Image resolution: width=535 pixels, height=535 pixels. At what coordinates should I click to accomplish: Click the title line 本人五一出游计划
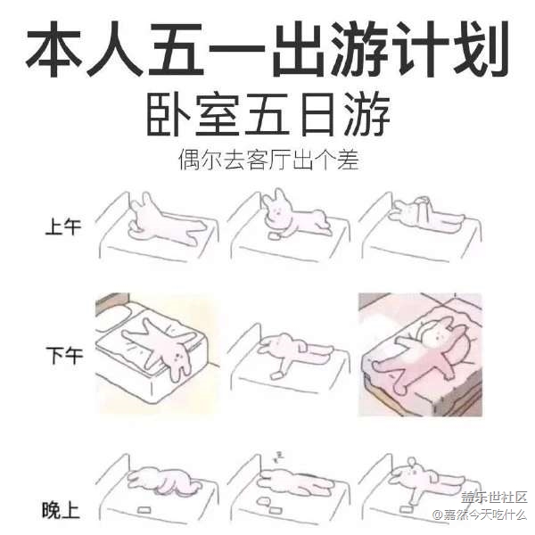coord(267,49)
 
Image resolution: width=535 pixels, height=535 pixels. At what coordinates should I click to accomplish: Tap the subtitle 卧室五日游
coord(268,116)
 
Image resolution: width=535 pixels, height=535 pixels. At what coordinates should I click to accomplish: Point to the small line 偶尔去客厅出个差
coord(268,160)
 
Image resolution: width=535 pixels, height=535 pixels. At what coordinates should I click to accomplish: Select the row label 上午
coord(63,226)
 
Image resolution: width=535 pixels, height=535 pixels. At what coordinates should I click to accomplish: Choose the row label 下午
coord(64,355)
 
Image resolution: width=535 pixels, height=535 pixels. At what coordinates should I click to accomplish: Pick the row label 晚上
coord(61,510)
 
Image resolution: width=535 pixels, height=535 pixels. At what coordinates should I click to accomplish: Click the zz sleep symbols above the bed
coord(278,457)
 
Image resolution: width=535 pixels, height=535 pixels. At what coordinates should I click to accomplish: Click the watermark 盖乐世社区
coord(494,498)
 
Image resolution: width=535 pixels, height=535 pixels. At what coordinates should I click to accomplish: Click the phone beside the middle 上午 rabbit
coord(274,235)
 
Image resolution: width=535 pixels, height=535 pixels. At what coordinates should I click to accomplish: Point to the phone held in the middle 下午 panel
coord(276,375)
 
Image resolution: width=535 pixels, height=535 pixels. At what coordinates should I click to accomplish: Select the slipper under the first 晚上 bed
coord(144,510)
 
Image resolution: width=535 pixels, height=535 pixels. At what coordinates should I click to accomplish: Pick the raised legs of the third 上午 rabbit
coord(422,208)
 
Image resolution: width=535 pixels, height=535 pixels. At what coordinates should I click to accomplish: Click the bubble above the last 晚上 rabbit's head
coord(411,462)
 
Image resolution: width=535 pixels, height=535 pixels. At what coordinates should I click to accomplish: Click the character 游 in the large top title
coord(360,49)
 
